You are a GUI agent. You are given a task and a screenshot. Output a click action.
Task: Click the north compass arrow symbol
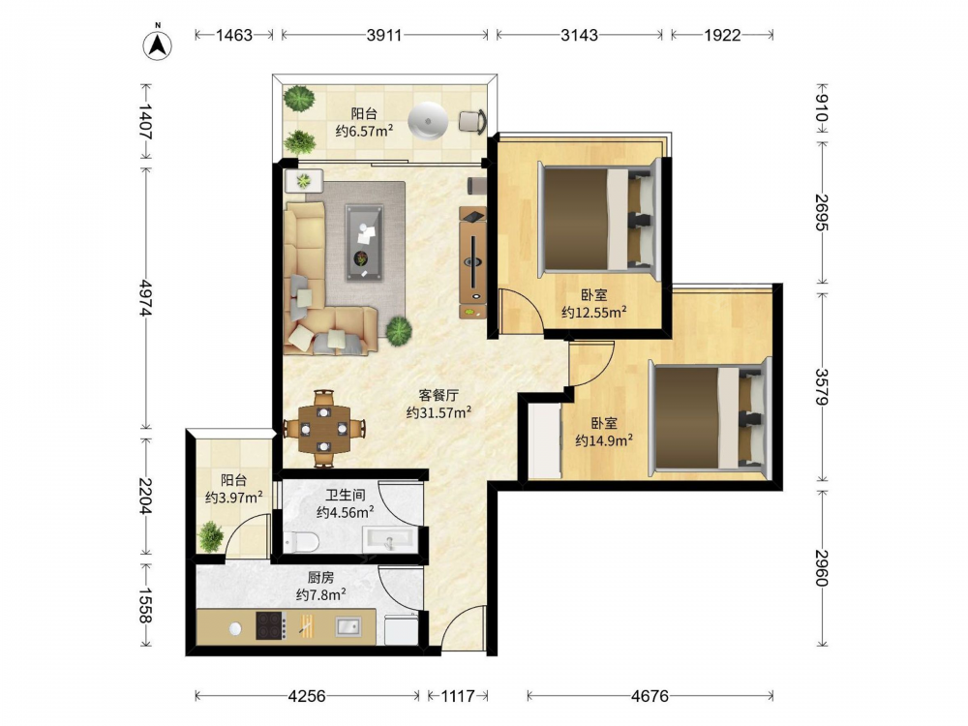point(158,45)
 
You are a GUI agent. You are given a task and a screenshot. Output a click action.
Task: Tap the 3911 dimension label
point(384,35)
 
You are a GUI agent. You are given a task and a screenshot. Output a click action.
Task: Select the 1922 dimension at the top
point(722,35)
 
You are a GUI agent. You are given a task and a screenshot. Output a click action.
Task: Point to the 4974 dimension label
point(146,298)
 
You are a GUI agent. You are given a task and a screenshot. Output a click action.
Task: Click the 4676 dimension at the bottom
point(650,696)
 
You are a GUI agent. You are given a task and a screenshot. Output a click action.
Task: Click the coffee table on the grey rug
point(364,242)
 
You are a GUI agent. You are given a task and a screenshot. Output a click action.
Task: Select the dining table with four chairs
point(324,429)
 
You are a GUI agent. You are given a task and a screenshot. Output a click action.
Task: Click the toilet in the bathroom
point(301,542)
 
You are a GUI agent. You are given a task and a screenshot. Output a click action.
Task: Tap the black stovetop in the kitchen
point(271,625)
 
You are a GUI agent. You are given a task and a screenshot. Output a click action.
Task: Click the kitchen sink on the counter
point(348,626)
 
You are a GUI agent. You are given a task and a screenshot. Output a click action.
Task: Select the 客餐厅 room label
point(439,395)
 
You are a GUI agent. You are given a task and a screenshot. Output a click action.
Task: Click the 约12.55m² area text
point(594,312)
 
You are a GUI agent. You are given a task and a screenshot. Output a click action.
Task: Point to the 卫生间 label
point(346,495)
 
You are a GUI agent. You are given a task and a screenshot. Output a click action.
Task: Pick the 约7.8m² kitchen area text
point(320,594)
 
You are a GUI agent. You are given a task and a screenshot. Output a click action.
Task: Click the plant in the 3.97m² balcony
point(210,536)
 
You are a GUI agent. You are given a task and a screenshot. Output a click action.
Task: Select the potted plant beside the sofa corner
point(399,330)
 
